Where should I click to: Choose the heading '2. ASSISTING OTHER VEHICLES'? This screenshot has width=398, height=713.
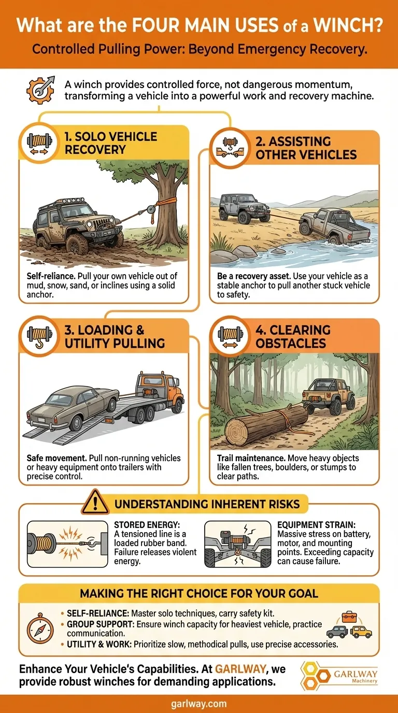click(x=306, y=148)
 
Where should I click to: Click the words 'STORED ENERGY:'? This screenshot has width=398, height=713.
click(x=139, y=525)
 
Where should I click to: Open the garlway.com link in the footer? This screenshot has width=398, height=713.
click(x=199, y=704)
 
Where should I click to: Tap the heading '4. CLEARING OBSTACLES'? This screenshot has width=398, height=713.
click(x=293, y=336)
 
